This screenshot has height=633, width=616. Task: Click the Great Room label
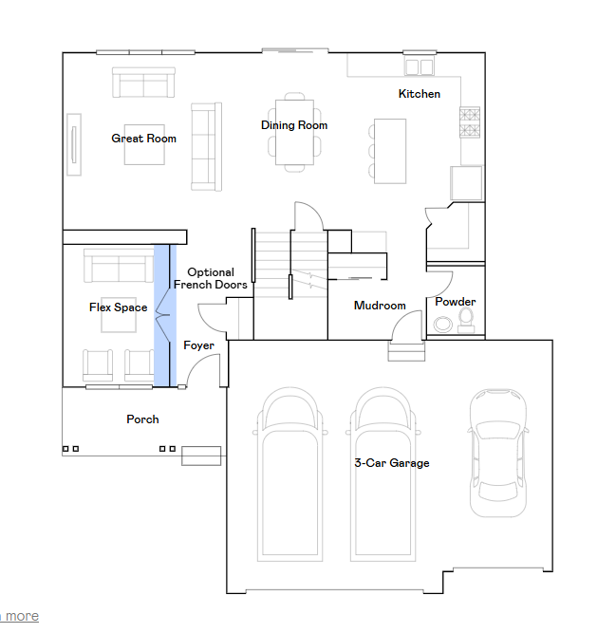click(x=143, y=139)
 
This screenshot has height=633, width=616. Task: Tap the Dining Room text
click(x=294, y=125)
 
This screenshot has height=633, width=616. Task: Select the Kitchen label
click(x=420, y=94)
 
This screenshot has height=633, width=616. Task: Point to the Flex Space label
click(x=119, y=307)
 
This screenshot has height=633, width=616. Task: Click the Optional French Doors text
click(x=211, y=279)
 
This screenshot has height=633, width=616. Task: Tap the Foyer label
click(x=198, y=345)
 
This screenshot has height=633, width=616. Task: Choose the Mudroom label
click(x=380, y=306)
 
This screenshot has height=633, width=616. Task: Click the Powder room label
click(x=456, y=302)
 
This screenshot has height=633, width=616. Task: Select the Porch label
click(x=142, y=419)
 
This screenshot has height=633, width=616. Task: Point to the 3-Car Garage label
click(x=392, y=462)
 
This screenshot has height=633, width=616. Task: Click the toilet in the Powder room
click(x=466, y=321)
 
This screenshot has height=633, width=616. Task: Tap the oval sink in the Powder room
click(x=443, y=325)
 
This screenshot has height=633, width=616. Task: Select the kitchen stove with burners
click(x=470, y=122)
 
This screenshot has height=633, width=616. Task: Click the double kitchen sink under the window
click(x=420, y=66)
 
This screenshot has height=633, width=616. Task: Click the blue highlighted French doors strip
click(x=165, y=315)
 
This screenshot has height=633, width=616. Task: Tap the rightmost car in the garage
click(x=498, y=453)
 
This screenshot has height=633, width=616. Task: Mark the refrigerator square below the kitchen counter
click(x=466, y=183)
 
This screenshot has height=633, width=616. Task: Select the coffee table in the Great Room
click(x=144, y=144)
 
